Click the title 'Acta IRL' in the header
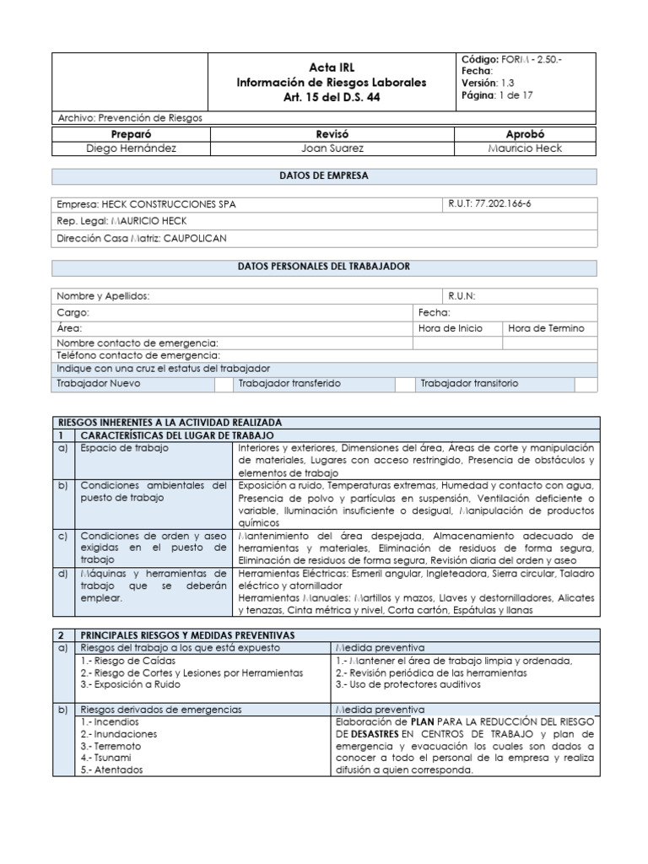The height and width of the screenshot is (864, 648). tap(332, 67)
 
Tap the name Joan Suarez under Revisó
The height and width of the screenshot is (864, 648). tap(332, 148)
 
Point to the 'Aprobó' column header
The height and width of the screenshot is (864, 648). tap(525, 134)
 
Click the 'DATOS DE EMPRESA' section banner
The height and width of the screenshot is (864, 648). tap(324, 175)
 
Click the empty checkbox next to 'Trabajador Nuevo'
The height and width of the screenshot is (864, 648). tap(223, 384)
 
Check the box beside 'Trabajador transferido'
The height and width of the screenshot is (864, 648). tap(406, 384)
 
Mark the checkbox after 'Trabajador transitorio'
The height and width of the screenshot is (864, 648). tap(586, 384)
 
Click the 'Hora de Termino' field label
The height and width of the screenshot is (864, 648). tap(546, 328)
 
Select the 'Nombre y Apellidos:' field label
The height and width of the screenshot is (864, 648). tap(103, 296)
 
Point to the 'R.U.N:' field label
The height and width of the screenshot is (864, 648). tap(462, 296)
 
